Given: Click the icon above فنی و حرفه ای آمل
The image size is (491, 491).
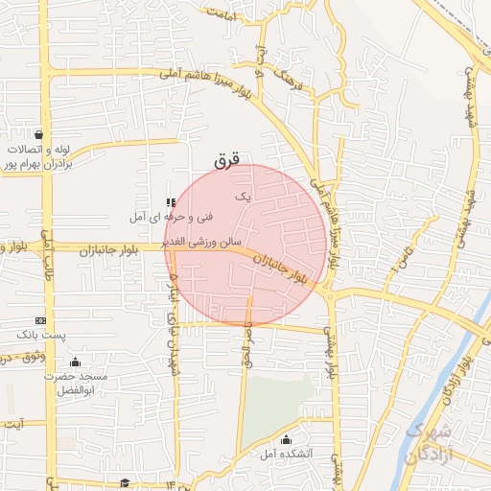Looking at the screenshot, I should coord(171,202).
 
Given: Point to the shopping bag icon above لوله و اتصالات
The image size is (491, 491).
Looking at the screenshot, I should coord(38,134).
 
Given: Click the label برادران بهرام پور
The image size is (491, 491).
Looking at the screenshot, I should coord(36,164).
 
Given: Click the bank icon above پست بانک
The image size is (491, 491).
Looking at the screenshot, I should coord(40,320).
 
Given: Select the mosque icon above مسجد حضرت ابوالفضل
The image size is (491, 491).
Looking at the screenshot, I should coord(75,362).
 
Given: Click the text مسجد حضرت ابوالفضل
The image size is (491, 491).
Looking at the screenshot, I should coord(74,384).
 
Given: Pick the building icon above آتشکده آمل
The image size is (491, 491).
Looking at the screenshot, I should coord(286,440).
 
